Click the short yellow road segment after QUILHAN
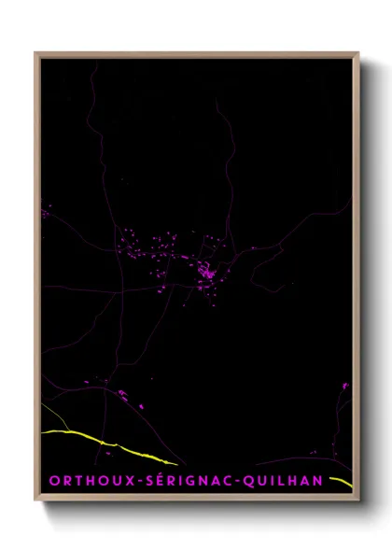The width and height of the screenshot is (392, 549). tap(342, 481)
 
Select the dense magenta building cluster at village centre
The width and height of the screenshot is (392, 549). tap(204, 274)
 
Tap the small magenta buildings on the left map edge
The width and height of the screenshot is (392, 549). tap(44, 214)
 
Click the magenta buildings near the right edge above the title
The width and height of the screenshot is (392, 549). tap(345, 385)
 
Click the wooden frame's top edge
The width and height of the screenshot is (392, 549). tap(196, 54)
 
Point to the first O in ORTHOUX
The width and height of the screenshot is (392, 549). tap(55, 481)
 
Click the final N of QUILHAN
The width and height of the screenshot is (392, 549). tap(319, 481)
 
